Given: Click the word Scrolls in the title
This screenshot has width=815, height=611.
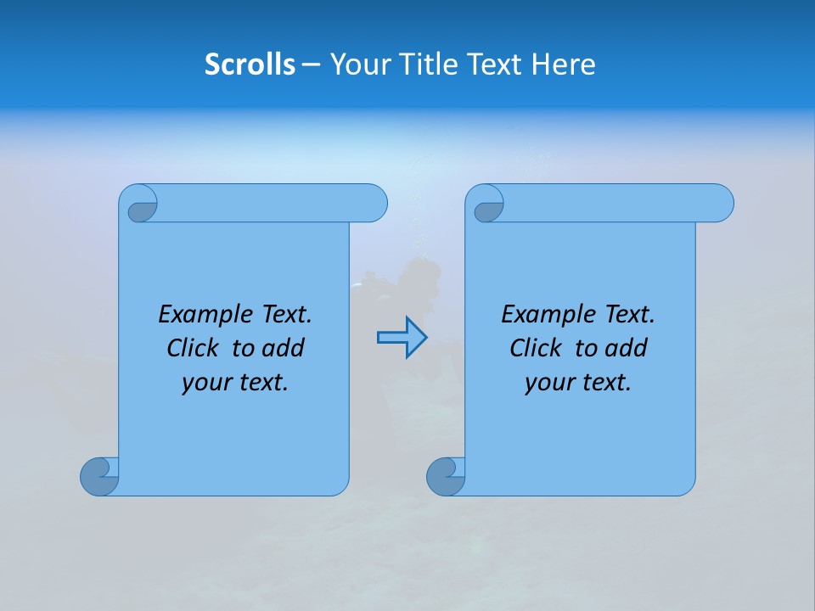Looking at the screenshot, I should pos(250,64).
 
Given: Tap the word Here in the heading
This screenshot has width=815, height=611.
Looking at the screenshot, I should pos(564,64).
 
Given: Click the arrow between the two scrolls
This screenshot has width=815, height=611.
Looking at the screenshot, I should pos(402,337).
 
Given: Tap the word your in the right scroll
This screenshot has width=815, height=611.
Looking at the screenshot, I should pos(548,384).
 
